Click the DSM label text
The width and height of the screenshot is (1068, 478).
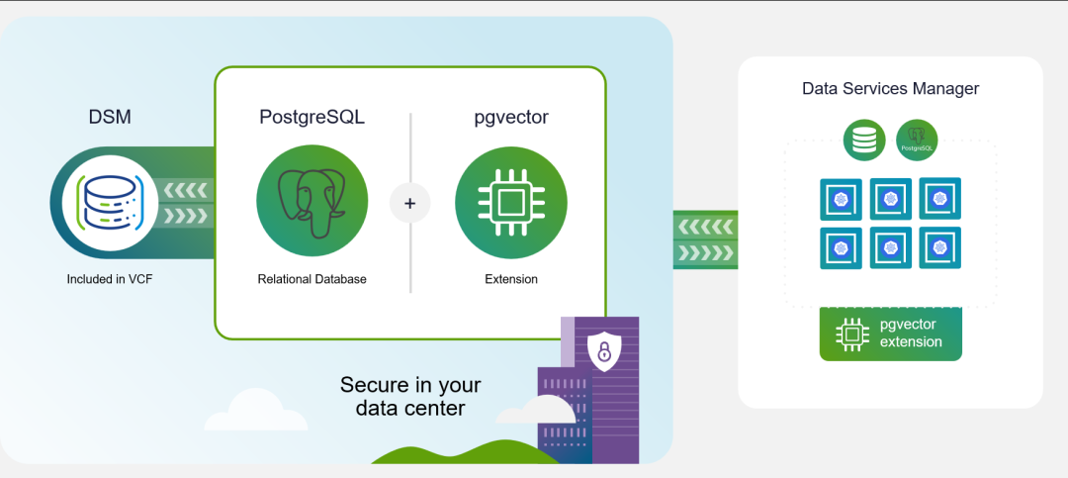coord(110,118)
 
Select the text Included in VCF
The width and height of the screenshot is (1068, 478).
coord(110,279)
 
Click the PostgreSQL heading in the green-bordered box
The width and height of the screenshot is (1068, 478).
coord(311,118)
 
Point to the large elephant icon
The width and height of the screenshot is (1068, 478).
coord(312,203)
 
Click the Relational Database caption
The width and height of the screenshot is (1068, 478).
coord(311,279)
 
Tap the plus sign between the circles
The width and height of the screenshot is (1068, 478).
coord(410,204)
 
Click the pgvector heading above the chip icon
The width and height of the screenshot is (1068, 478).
coord(511,118)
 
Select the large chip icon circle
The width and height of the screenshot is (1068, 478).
coord(510,203)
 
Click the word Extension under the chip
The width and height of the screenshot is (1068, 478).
coord(511,279)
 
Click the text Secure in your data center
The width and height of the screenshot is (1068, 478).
coord(410,396)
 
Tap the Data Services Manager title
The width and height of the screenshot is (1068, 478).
coord(890,89)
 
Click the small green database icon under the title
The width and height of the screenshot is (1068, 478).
coord(864,140)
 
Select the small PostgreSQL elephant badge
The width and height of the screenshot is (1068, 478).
coord(917,140)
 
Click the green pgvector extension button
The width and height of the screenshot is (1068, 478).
coord(890,334)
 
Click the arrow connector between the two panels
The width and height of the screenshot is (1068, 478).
coord(705,239)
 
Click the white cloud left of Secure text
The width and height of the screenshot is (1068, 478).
coord(242,412)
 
